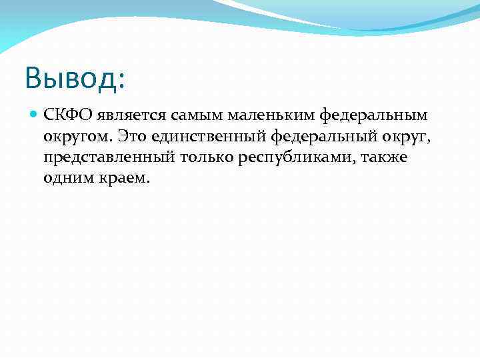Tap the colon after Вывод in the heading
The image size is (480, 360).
[x=121, y=80]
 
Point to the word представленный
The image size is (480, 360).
[x=110, y=158]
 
